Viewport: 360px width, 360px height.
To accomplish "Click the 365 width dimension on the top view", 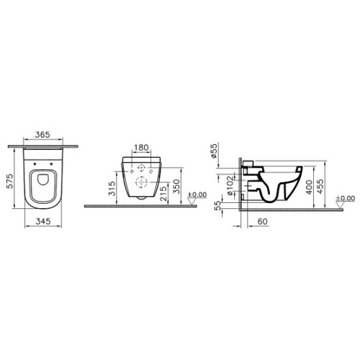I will (x=42, y=135).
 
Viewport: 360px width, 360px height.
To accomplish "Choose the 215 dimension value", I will (x=165, y=193).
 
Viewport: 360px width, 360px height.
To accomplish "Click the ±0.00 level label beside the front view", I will (x=196, y=196).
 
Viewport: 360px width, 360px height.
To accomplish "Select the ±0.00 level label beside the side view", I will (x=346, y=198).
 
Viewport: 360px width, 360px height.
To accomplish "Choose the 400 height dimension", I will (x=309, y=186).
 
